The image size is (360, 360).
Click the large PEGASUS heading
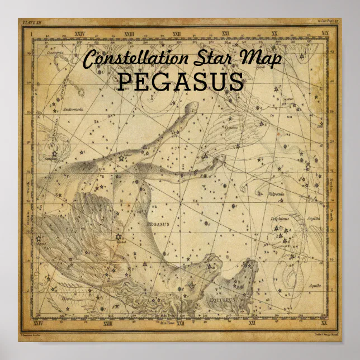[x=181, y=82]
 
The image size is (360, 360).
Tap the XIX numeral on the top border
[x=325, y=34]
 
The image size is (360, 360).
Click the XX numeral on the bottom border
[x=325, y=323]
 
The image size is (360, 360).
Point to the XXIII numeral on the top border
[x=130, y=34]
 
